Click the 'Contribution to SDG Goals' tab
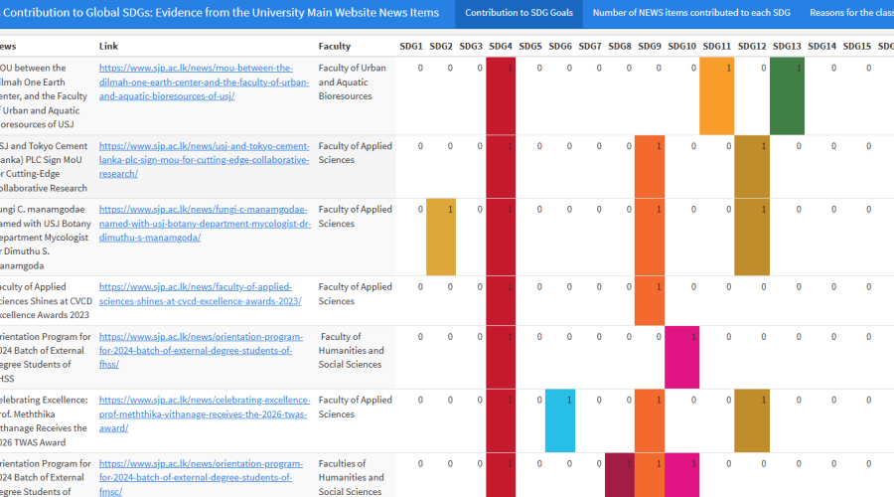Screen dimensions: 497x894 coord(519,13)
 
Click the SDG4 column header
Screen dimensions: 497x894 coord(501,47)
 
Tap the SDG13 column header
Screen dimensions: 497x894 coord(787,47)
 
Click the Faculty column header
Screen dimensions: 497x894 coord(334,47)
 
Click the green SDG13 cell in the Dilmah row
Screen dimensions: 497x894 coord(787,95)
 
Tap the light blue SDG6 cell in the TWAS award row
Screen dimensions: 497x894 coord(560,420)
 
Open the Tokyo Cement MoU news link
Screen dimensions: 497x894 coord(204,160)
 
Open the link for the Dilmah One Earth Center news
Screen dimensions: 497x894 coord(196,83)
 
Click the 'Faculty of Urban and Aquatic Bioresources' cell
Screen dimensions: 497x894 coord(353,83)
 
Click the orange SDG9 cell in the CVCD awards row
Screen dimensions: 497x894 coord(650,300)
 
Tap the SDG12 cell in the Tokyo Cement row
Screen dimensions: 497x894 coord(752,166)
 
